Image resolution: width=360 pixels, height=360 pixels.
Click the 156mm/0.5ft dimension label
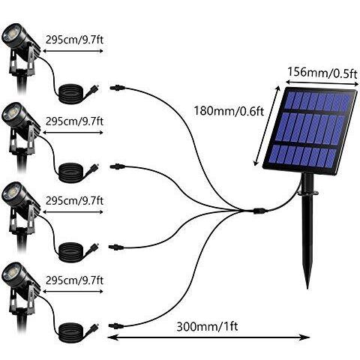322,73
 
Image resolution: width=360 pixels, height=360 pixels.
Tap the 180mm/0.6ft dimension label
229,111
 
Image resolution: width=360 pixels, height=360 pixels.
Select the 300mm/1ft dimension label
207,326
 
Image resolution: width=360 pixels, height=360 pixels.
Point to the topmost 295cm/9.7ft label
74,40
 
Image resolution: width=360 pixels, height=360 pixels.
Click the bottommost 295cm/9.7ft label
74,280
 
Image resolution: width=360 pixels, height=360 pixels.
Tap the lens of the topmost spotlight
11,33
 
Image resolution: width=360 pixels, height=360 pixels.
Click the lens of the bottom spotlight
11,271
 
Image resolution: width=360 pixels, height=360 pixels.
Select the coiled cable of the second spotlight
70,172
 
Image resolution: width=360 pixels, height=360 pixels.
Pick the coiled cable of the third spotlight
70,252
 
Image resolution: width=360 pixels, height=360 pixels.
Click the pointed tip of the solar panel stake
307,289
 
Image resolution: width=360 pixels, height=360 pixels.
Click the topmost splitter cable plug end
117,88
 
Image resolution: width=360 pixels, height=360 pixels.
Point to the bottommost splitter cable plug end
116,326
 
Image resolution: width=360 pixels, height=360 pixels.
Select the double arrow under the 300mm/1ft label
208,337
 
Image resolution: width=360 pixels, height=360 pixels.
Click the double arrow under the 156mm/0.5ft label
322,83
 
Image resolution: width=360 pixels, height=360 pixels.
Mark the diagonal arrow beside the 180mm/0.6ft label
267,126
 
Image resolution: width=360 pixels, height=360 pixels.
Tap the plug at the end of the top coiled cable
93,89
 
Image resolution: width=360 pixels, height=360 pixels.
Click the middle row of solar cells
310,128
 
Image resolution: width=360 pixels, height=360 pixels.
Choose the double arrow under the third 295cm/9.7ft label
73,212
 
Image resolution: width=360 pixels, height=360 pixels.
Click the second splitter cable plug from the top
117,166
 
